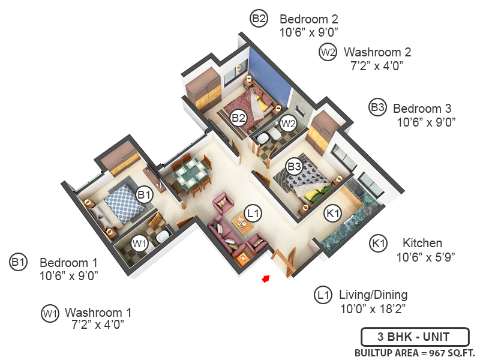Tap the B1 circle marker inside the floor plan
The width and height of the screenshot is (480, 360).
(x=145, y=194)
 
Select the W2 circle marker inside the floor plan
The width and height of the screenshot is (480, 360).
(x=289, y=124)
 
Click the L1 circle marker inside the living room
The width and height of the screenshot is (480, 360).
(x=254, y=212)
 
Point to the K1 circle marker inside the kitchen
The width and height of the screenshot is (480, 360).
(x=332, y=212)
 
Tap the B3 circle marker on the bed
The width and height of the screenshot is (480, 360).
(x=293, y=166)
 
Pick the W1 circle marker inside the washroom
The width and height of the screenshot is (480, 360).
(x=140, y=244)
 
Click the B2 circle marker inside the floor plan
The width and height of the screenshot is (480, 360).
(x=239, y=118)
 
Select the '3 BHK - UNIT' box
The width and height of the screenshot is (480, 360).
(x=406, y=337)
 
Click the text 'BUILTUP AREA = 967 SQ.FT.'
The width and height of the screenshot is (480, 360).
(x=415, y=352)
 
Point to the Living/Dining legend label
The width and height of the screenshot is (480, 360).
(x=373, y=295)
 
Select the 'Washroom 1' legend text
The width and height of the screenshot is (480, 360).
(x=98, y=313)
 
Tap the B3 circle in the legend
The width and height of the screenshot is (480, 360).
(x=377, y=108)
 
